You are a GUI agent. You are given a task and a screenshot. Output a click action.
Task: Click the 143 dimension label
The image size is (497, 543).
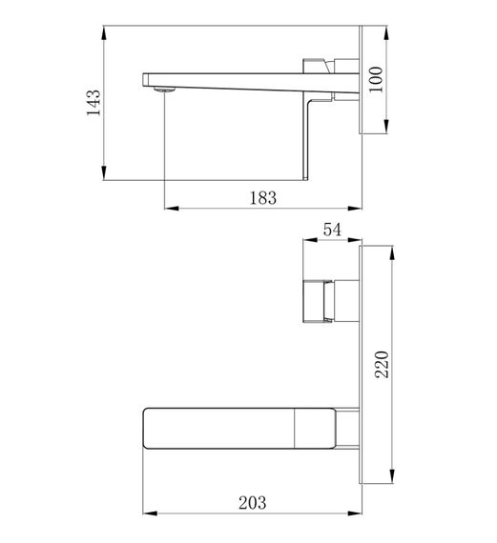point(93,103)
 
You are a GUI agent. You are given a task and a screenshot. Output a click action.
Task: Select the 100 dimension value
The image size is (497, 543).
point(376,80)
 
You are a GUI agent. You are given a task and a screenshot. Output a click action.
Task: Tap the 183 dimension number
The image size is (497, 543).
point(263,198)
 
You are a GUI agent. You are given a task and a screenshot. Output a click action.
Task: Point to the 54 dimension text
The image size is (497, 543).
point(332,230)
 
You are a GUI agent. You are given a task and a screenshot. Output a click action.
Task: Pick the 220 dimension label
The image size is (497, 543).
point(383,364)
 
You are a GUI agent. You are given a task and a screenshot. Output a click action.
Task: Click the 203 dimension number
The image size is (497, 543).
point(253,503)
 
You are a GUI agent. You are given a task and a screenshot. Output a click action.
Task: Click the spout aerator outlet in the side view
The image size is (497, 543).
point(164,90)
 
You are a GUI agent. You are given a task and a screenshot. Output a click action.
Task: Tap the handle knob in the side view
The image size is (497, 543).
point(316,66)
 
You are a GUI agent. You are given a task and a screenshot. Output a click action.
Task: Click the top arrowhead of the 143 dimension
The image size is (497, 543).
point(104,33)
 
